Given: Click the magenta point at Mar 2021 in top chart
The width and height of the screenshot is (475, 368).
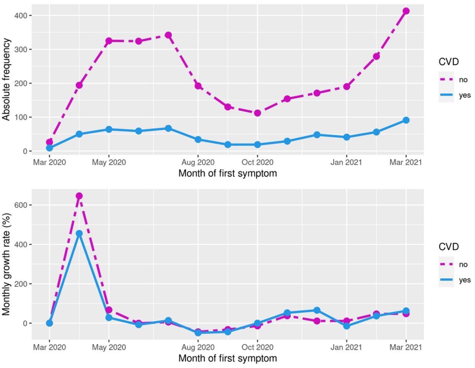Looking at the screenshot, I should pos(406,11).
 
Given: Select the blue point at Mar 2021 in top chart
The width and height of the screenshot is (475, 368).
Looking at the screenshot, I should pos(406,120).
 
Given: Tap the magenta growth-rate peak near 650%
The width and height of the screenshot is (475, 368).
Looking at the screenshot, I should pos(79,196).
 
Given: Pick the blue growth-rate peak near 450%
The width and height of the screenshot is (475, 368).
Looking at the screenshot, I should pos(79,233).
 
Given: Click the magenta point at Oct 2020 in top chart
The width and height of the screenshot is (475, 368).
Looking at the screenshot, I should pos(257,113).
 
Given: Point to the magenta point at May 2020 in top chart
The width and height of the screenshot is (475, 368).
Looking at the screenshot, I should pos(109,41).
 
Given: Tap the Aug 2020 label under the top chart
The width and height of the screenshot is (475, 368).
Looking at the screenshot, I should pos(198,162).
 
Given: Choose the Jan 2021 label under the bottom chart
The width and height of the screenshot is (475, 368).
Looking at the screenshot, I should pos(346,347).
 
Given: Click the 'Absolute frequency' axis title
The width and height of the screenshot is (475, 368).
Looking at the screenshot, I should pos(6,79).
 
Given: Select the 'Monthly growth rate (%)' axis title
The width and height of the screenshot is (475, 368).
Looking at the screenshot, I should pos(6,265).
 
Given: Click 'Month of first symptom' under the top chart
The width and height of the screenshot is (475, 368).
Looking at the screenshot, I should pos(227,173).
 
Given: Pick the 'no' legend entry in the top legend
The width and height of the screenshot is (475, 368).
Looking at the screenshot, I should pos(463,80).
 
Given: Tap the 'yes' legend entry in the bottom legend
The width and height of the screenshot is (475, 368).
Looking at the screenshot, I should pos(464,280).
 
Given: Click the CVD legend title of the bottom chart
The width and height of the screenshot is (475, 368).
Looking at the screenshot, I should pos(449,247).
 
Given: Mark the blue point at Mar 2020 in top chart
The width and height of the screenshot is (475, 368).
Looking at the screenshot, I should pos(49,148).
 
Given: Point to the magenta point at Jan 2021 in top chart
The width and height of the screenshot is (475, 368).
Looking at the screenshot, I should pos(346,87).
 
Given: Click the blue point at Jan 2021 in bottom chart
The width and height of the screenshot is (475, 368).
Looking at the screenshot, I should pos(346,326).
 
